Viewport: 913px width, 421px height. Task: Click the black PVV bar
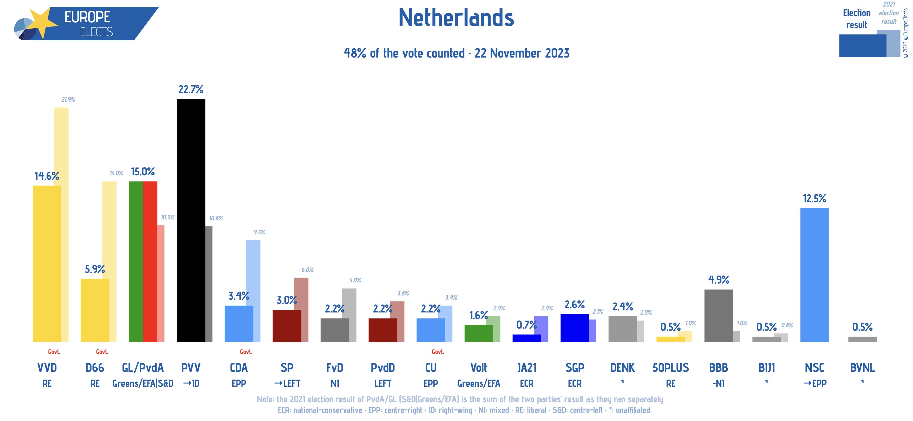[x=191, y=220]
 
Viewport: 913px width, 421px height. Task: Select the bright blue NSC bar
[x=814, y=275]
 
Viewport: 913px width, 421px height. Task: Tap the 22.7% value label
[x=191, y=89]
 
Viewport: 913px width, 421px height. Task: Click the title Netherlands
[x=456, y=18]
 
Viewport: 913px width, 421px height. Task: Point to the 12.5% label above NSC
[x=814, y=198]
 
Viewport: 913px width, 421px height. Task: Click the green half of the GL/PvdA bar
[x=136, y=261]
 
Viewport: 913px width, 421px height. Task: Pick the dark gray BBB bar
[x=718, y=316]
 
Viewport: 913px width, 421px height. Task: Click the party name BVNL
[x=862, y=367]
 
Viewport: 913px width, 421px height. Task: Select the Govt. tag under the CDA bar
[x=246, y=352]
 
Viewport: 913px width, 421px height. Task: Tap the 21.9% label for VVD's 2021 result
[x=68, y=100]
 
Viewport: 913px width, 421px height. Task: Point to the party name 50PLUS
[x=670, y=367]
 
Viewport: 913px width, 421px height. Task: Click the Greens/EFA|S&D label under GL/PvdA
[x=143, y=383]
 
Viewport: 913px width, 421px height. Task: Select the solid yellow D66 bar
[x=95, y=310]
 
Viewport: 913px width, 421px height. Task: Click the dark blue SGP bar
[x=574, y=328]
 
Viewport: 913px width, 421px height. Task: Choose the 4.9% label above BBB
[x=718, y=280]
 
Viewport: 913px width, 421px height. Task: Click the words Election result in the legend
[x=856, y=19]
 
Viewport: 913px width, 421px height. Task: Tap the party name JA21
[x=527, y=367]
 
